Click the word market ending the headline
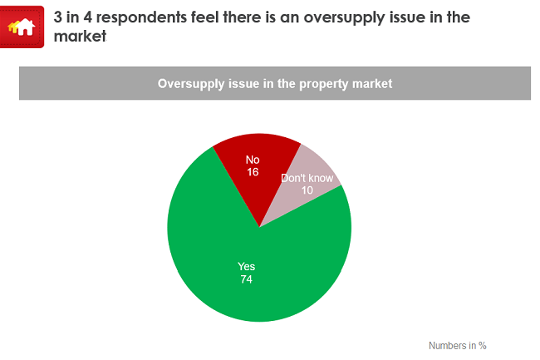coord(80,37)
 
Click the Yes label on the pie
coord(247,267)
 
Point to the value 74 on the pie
coord(247,279)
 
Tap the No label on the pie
coord(253,159)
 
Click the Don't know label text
coord(307,178)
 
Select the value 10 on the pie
coord(307,190)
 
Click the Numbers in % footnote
coord(457,345)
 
